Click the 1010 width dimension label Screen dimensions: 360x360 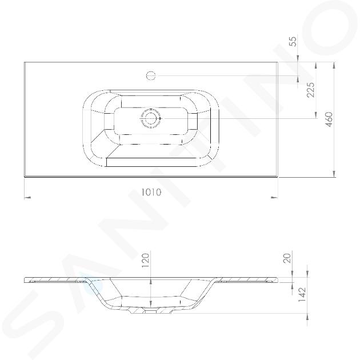click(151, 192)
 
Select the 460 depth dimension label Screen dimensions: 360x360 click(329, 119)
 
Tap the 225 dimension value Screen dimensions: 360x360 click(311, 90)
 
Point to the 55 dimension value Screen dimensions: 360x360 click(294, 41)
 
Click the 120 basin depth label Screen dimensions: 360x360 click(146, 261)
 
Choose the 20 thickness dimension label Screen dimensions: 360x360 click(287, 258)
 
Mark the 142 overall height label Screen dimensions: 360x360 click(302, 295)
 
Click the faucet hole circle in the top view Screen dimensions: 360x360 click(151, 75)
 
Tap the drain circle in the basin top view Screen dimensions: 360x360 click(150, 118)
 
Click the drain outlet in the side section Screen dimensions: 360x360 click(150, 311)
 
